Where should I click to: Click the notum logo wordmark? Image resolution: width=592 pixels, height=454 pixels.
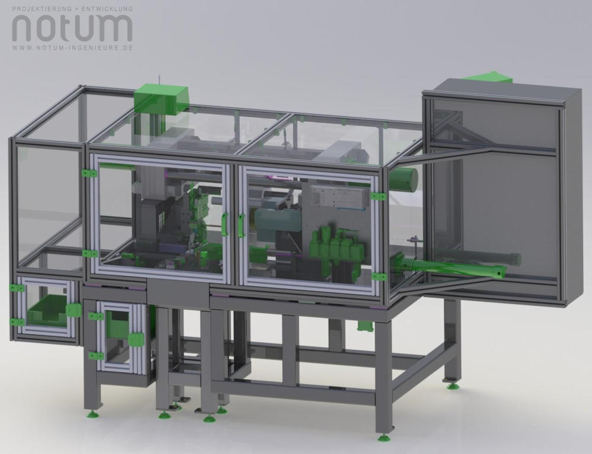[72, 28]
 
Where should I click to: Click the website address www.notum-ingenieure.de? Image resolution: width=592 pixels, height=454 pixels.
[72, 48]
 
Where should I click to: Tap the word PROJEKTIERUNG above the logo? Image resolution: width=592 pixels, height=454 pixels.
[42, 8]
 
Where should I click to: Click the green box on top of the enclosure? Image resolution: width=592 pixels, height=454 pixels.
[161, 98]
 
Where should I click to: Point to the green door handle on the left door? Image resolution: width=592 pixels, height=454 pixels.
[224, 224]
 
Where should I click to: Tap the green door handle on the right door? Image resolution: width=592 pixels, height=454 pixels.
[242, 226]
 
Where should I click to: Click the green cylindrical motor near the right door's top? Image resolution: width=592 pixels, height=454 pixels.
[404, 178]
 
